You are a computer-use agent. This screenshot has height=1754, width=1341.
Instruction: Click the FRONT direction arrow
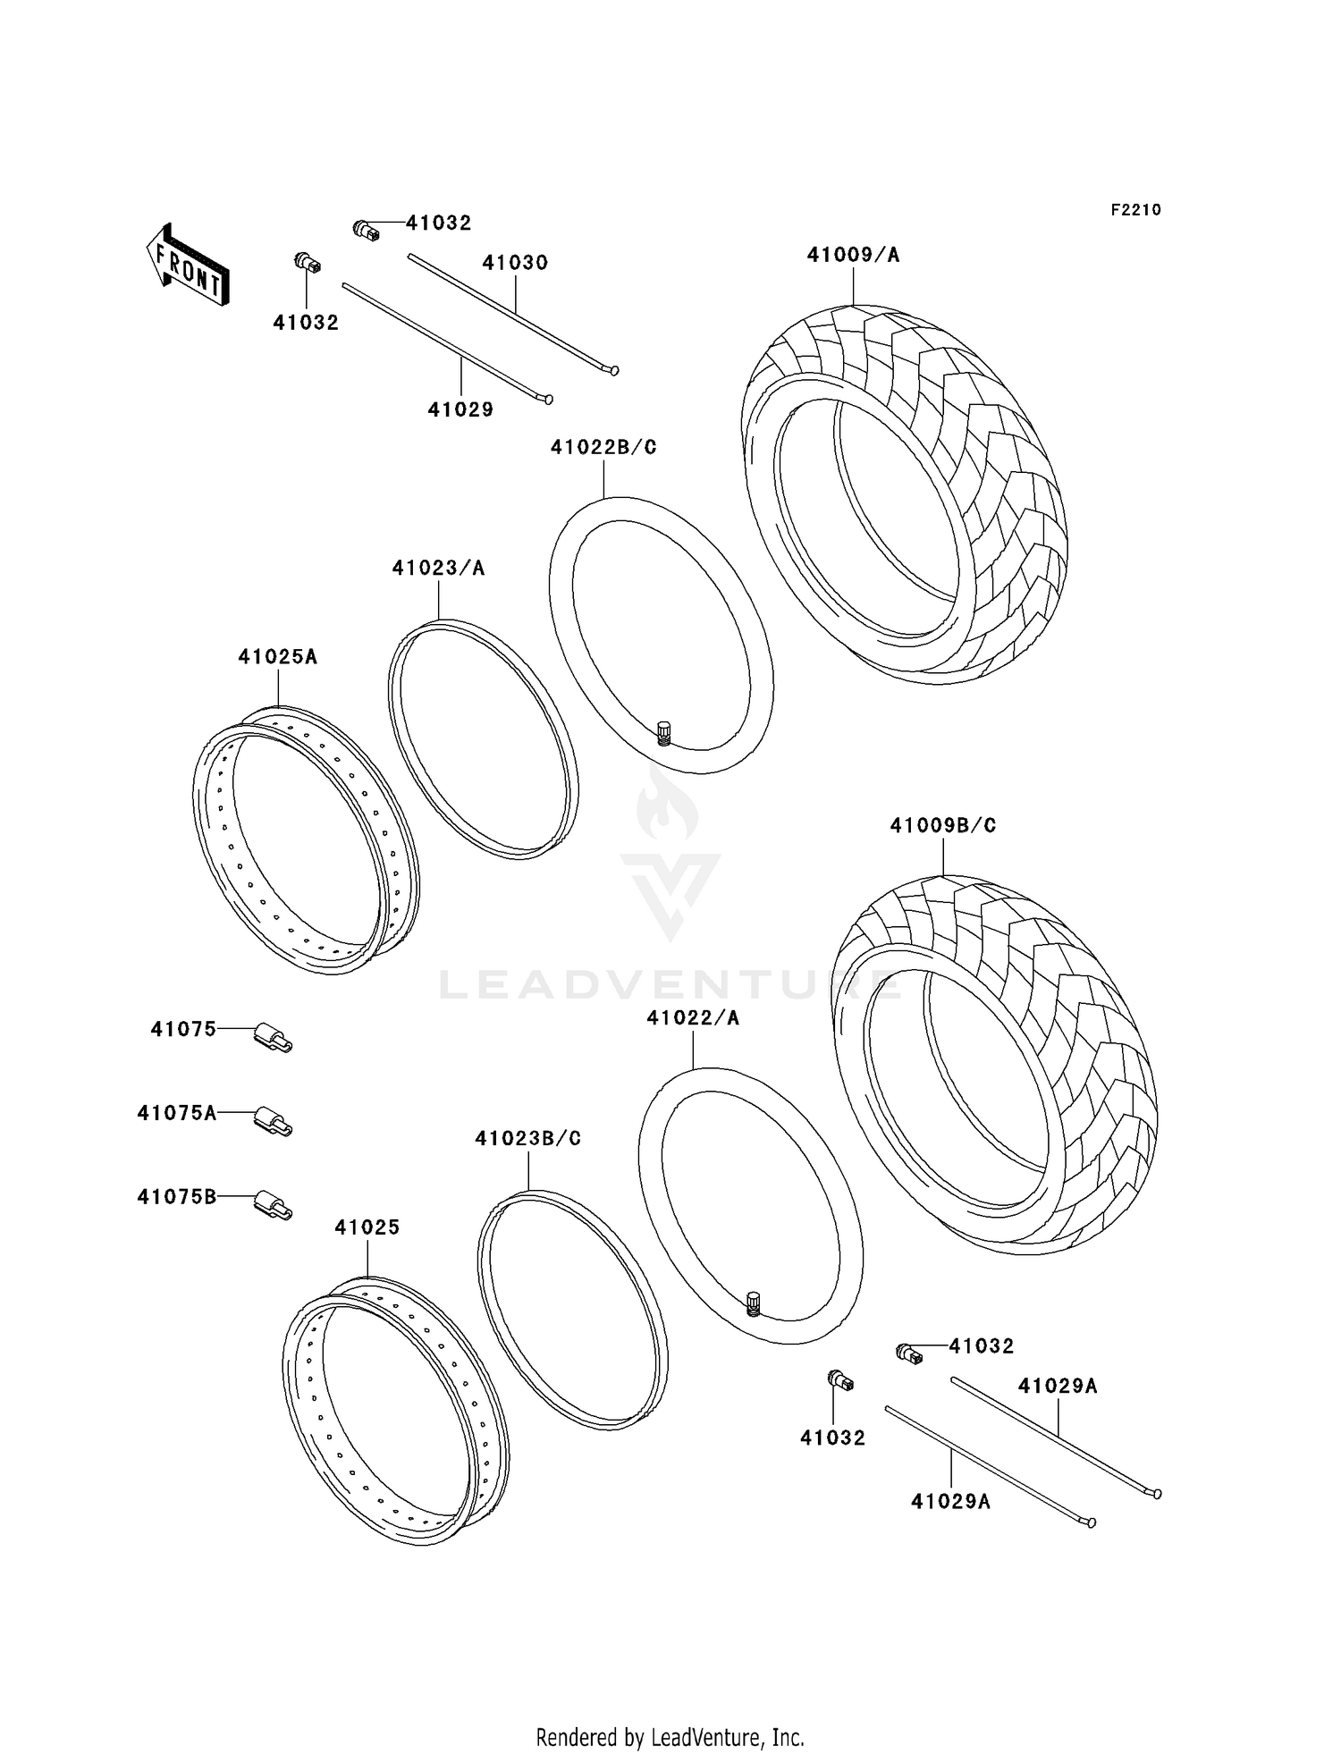[188, 266]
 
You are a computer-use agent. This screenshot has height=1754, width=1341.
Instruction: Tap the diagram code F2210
[1135, 210]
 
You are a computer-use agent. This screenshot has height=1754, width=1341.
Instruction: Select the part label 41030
[515, 263]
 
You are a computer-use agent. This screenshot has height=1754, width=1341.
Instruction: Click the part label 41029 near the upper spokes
[460, 410]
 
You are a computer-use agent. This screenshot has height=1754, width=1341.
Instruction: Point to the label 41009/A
[853, 256]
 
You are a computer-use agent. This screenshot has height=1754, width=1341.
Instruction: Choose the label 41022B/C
[603, 447]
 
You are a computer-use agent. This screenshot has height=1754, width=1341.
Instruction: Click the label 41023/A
[438, 569]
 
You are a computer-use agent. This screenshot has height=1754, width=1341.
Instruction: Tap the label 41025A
[277, 657]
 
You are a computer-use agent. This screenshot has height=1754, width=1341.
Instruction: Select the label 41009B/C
[942, 826]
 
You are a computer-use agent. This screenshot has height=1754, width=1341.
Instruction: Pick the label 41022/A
[694, 1018]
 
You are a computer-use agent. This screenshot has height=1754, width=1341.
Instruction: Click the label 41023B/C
[527, 1139]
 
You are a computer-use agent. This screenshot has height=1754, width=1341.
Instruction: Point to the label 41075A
[177, 1113]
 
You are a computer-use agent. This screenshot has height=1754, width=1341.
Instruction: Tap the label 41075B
[177, 1197]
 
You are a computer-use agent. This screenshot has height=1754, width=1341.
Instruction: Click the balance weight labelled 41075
[273, 1037]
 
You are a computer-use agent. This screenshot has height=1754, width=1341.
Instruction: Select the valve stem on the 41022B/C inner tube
[664, 733]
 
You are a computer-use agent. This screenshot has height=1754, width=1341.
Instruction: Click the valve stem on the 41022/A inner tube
[753, 1303]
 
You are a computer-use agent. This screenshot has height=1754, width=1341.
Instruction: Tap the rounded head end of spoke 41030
[613, 370]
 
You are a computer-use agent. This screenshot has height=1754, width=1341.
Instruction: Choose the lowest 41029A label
[950, 1501]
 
